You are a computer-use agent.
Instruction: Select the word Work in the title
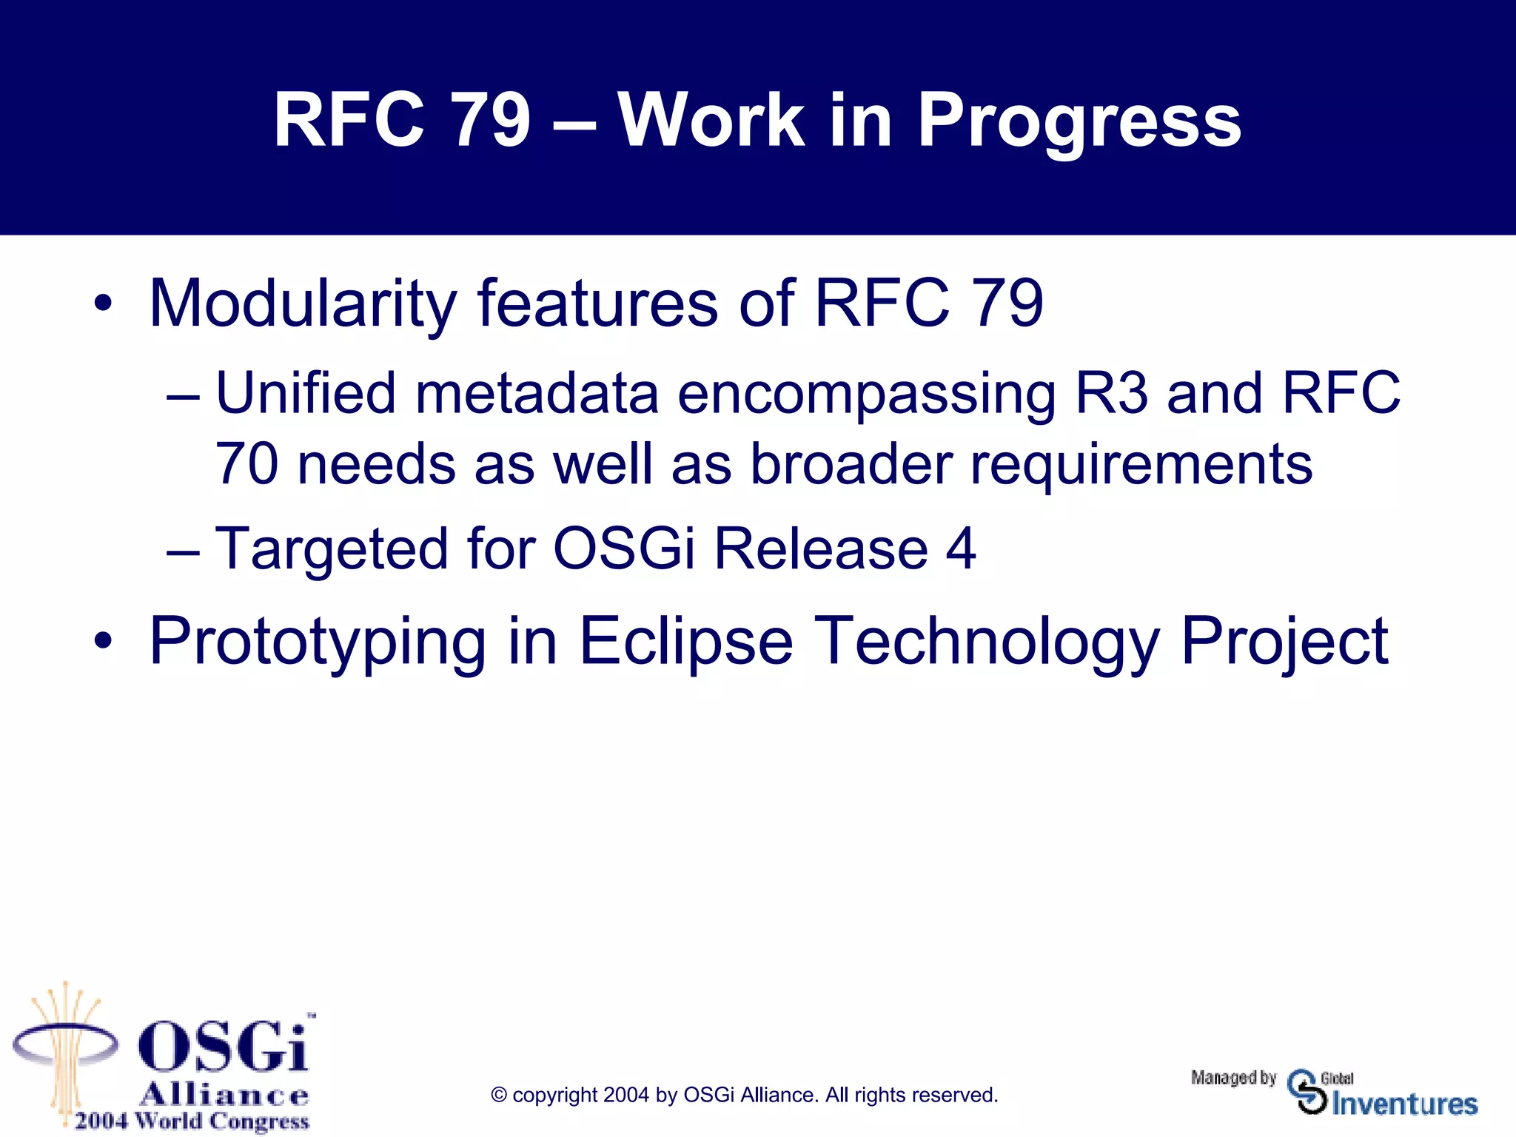pyautogui.click(x=711, y=120)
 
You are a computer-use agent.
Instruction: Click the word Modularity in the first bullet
pyautogui.click(x=303, y=303)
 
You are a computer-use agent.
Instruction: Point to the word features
pyautogui.click(x=597, y=303)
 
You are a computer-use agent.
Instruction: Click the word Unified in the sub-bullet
pyautogui.click(x=306, y=393)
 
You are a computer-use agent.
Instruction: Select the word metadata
pyautogui.click(x=537, y=393)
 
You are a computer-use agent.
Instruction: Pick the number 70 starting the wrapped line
pyautogui.click(x=246, y=464)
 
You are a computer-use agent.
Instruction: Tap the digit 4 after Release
pyautogui.click(x=961, y=549)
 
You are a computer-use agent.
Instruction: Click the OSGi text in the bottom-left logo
pyautogui.click(x=222, y=1046)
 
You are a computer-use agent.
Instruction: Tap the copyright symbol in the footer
pyautogui.click(x=499, y=1095)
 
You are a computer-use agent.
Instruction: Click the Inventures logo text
pyautogui.click(x=1404, y=1104)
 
